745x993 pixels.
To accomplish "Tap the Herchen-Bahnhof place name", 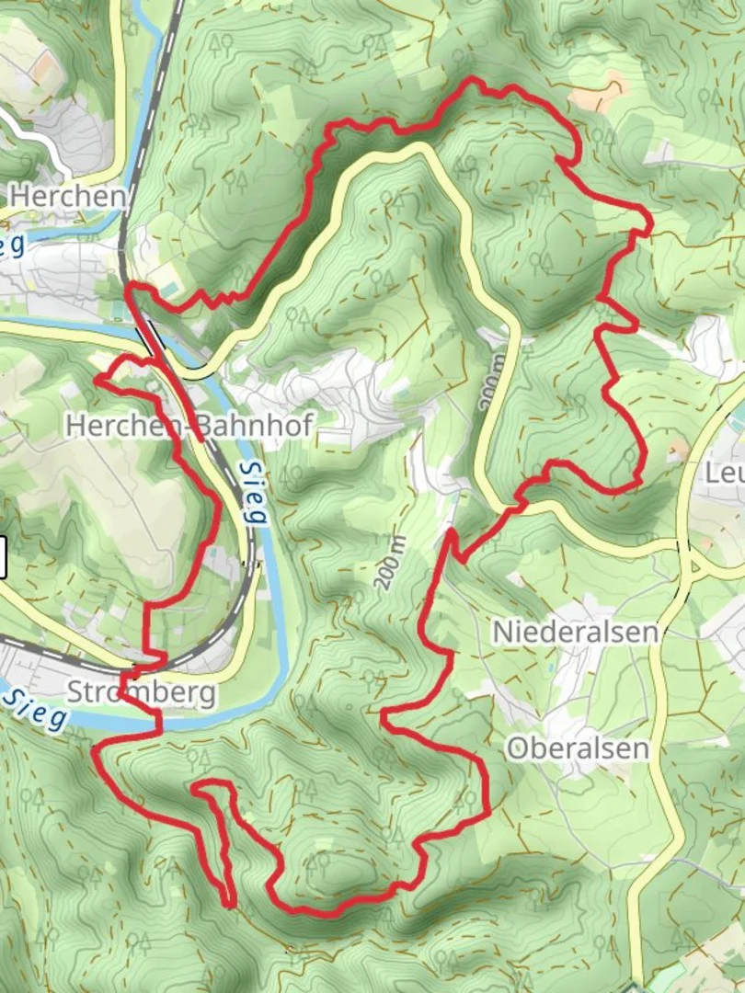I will click(189, 425).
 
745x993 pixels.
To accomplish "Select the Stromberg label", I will click(141, 692).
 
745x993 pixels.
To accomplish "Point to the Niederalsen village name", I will click(576, 632).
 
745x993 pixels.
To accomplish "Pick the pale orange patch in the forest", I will click(599, 93).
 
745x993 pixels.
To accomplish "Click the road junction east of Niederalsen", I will click(688, 555).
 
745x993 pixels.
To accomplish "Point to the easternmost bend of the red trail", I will click(650, 223).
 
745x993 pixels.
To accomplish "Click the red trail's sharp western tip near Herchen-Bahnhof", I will click(97, 379).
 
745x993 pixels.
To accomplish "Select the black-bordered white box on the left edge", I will click(3, 556).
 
